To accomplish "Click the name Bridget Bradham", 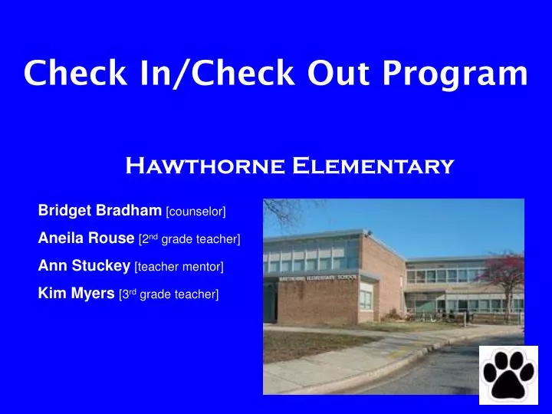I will [x=100, y=209].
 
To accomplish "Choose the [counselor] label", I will [x=196, y=210].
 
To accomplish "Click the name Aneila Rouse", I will [x=87, y=238].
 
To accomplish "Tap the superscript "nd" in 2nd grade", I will [x=153, y=237].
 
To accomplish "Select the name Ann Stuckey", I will [x=84, y=266].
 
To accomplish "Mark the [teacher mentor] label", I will [x=179, y=267].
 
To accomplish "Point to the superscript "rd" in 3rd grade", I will [x=132, y=292].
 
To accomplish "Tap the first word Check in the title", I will [x=71, y=74].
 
